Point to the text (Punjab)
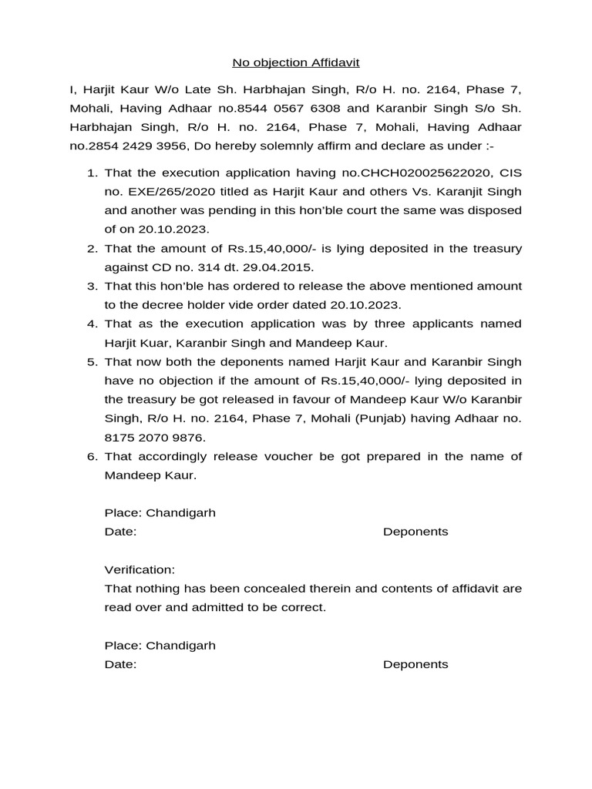(387, 418)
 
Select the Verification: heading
(140, 569)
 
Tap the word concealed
(281, 589)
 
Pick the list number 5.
(91, 362)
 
